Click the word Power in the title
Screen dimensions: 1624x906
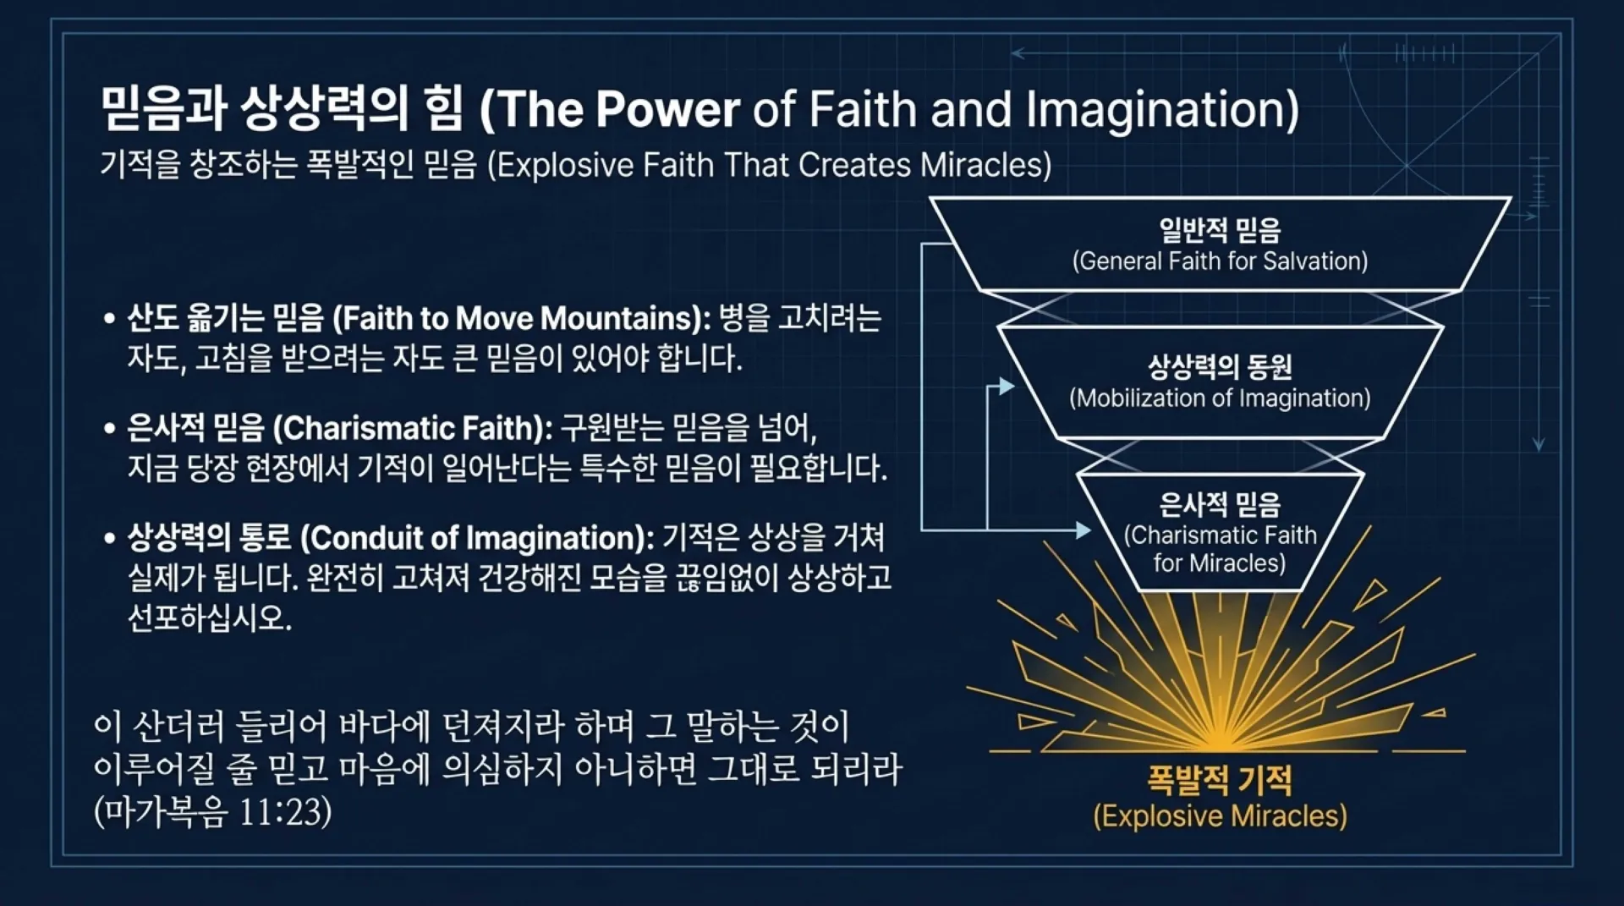pos(667,110)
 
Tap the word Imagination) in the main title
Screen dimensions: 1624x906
pos(1162,111)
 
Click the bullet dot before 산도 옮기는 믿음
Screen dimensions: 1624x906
pos(108,319)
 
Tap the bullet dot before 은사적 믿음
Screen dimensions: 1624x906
pos(108,429)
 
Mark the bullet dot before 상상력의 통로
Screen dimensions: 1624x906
pos(108,539)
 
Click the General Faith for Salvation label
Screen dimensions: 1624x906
pos(1220,261)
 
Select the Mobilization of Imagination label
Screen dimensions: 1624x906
pos(1220,398)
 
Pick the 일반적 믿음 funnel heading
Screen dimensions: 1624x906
pos(1220,229)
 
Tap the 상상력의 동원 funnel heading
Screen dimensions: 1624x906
pos(1220,366)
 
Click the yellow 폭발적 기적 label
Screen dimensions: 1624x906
pos(1220,779)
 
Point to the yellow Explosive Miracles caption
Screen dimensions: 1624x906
pos(1220,816)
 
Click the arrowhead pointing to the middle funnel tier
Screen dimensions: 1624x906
pos(1007,387)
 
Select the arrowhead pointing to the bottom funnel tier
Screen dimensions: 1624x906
pos(1084,530)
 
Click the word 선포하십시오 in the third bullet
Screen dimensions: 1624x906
pos(209,618)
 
